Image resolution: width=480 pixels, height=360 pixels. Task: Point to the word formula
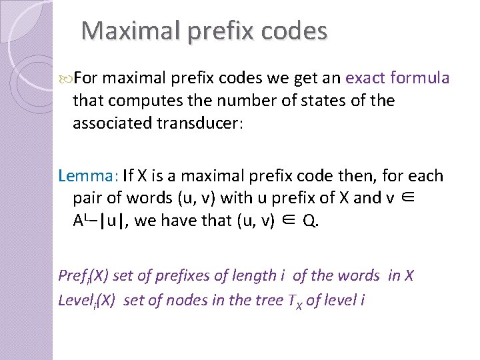click(x=421, y=78)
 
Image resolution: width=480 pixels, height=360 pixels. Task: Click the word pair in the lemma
click(x=87, y=199)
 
